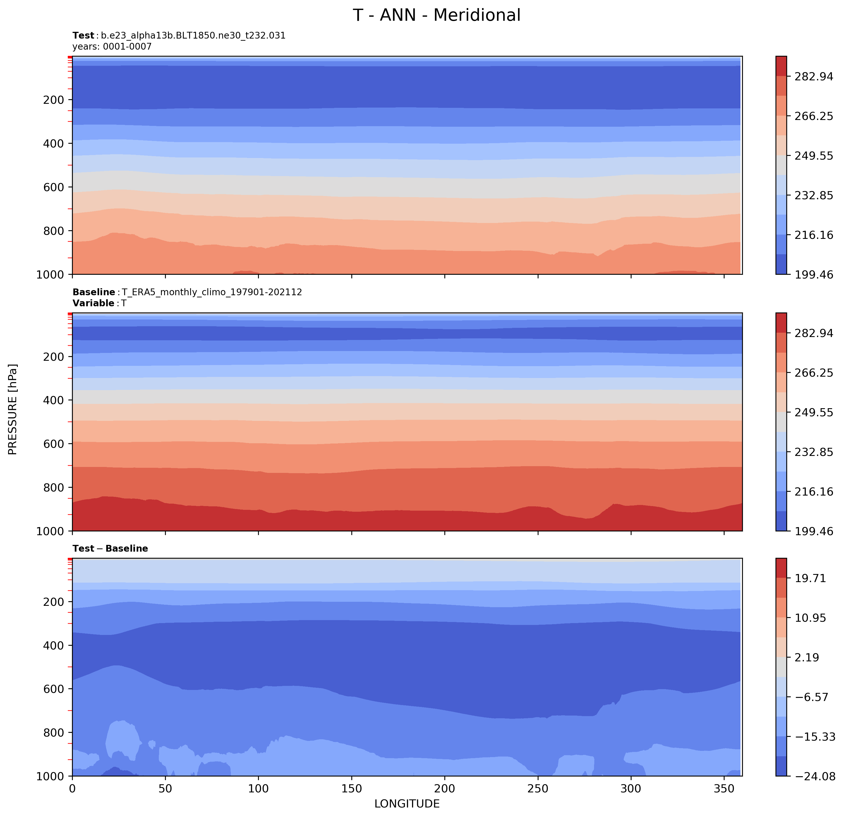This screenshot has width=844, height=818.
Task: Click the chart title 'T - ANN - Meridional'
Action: (436, 15)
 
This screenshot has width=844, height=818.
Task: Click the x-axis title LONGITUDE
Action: (407, 803)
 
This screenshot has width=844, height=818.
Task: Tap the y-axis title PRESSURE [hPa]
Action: (13, 409)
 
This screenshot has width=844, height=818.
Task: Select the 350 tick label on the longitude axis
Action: (724, 789)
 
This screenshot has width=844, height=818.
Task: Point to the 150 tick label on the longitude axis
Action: (351, 789)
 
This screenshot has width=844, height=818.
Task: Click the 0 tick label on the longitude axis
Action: (72, 789)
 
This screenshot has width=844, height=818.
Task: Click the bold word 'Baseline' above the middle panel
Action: (94, 292)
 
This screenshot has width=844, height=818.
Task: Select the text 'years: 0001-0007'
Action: (112, 46)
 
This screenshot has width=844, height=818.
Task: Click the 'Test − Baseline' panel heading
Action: (110, 548)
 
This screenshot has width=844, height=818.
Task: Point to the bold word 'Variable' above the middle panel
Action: (93, 303)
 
